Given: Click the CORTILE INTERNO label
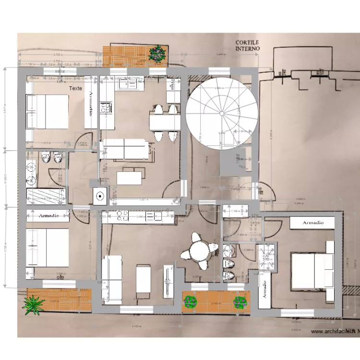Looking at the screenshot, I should coord(247,46).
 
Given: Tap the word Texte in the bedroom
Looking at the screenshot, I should coord(76,88).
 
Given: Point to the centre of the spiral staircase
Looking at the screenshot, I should coord(221,114).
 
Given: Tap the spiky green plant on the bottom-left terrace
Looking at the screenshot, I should coord(34,304).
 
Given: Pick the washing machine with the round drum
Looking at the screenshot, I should coord(100,195).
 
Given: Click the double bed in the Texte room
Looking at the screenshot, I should coord(48,112).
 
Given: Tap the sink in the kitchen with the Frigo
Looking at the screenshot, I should coord(128,85).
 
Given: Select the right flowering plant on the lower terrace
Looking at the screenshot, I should coord(240,302).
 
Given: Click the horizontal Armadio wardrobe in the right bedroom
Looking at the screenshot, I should coord(312,223).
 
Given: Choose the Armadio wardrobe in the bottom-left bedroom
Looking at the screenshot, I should coord(48,216).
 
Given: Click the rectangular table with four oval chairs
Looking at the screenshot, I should coord(165,123).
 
